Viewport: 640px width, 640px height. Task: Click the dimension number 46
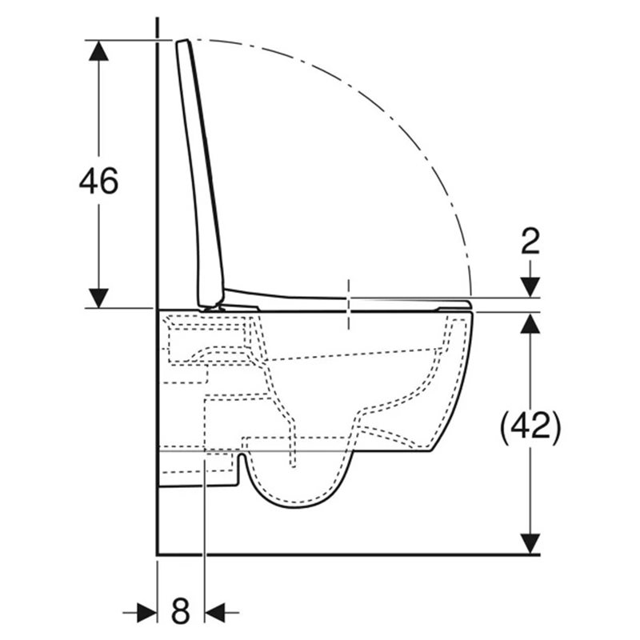click(98, 181)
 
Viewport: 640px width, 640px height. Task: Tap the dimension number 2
click(530, 241)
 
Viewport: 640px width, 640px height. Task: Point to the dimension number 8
click(181, 610)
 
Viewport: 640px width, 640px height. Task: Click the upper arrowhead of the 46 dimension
click(98, 50)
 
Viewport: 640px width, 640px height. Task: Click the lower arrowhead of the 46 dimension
click(98, 298)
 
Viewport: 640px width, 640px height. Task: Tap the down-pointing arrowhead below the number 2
click(530, 287)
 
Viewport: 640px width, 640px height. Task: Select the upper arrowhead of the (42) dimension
click(530, 323)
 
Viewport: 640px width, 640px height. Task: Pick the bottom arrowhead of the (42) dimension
click(530, 544)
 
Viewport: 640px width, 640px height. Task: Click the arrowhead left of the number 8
click(147, 612)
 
